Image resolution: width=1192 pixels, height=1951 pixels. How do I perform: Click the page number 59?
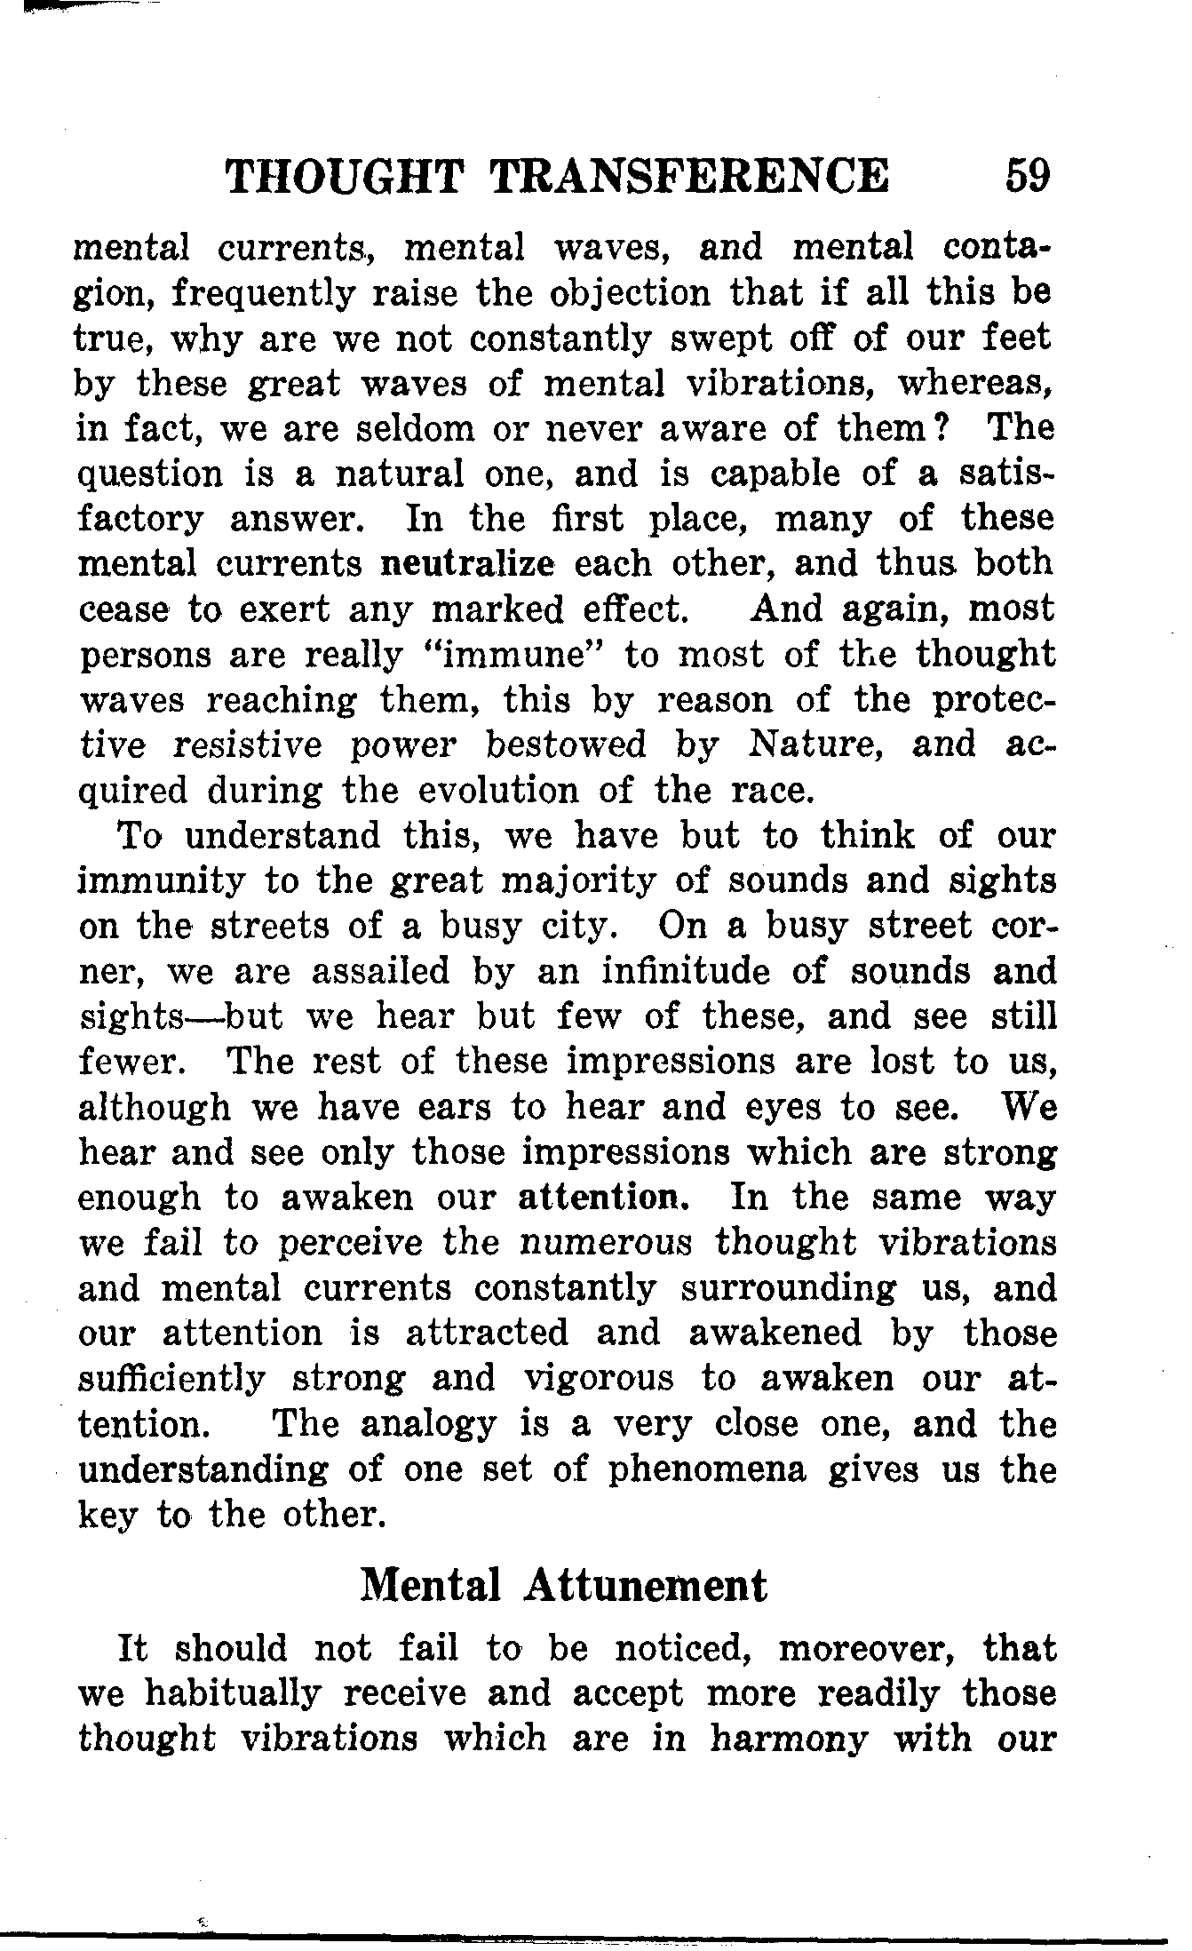1027,175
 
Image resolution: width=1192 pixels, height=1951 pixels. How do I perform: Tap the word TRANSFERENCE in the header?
688,175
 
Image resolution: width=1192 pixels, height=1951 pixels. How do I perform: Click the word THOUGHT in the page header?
346,175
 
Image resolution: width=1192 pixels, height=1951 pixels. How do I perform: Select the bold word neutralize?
469,563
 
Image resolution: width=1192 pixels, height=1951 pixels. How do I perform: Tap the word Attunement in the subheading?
646,1586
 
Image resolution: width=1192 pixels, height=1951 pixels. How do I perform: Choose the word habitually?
234,1693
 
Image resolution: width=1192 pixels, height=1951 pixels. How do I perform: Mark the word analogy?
429,1424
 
